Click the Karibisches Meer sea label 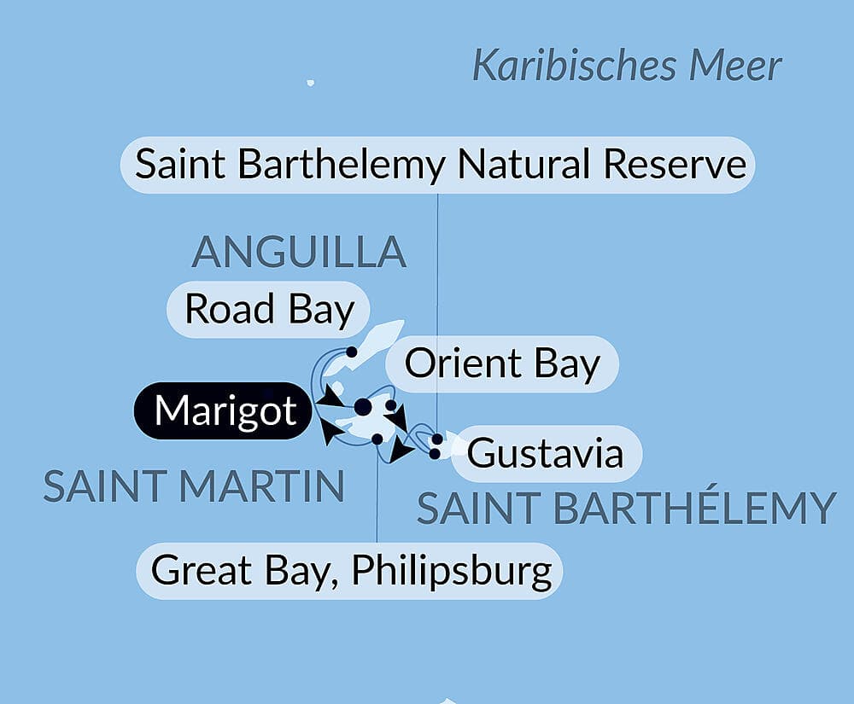[627, 67]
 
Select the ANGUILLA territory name [298, 251]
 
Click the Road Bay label [269, 309]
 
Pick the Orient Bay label [501, 364]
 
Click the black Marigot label [225, 410]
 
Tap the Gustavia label [545, 452]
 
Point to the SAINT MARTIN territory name [194, 487]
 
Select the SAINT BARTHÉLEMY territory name [625, 509]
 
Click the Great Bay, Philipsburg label [351, 570]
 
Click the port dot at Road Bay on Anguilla [351, 352]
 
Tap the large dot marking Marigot [363, 406]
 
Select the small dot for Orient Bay [389, 405]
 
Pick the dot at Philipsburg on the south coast [377, 439]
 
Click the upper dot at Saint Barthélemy [437, 439]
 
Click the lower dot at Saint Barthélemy [435, 452]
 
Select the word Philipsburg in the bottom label [452, 570]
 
